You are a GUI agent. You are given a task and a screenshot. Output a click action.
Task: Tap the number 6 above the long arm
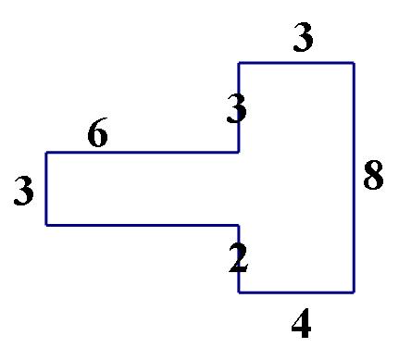[x=97, y=135]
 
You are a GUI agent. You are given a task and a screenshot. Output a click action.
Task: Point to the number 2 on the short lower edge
[x=239, y=257]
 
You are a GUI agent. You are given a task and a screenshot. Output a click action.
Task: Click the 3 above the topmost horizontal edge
[x=303, y=39]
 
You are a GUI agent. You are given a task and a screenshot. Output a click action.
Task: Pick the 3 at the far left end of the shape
[x=25, y=192]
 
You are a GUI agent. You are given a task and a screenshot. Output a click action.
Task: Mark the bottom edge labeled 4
[x=296, y=292]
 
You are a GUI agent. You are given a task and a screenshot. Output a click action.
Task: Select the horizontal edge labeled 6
[x=143, y=153]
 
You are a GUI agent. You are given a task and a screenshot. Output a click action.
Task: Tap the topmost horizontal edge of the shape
[x=296, y=63]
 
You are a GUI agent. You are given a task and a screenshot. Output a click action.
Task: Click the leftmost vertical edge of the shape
[x=46, y=189]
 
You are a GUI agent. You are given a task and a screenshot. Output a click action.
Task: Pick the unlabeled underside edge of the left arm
[x=143, y=225]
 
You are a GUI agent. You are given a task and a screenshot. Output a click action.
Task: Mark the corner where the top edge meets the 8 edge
[x=354, y=63]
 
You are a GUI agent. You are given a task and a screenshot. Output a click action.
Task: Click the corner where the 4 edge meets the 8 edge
[x=354, y=292]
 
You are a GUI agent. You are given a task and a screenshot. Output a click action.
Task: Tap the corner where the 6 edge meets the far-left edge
[x=46, y=153]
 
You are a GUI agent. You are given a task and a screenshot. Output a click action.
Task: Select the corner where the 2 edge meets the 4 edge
[x=239, y=292]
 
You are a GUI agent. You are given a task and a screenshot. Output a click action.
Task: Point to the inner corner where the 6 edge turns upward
[x=239, y=153]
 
